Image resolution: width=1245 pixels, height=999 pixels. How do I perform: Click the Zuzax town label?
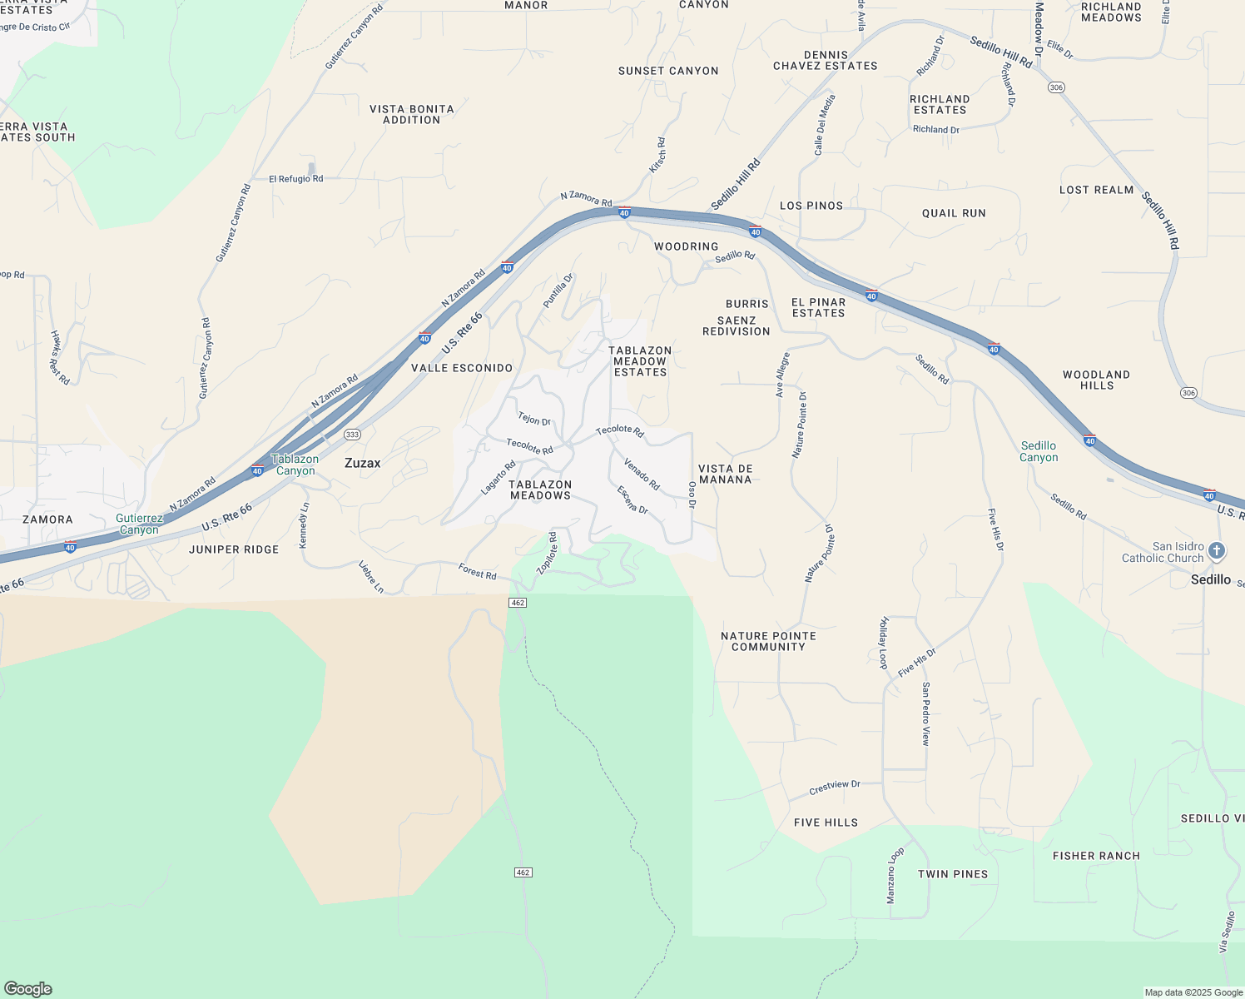[363, 463]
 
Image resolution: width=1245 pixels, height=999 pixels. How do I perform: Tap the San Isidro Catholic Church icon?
[1217, 551]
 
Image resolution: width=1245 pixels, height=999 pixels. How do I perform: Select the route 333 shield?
[352, 435]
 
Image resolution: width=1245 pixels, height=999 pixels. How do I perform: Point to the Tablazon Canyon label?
[295, 465]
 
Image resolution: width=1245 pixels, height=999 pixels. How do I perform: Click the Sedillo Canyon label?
[1039, 451]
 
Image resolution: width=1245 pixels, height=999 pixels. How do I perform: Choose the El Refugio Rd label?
[295, 179]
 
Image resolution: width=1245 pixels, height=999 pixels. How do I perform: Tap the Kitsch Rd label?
[658, 156]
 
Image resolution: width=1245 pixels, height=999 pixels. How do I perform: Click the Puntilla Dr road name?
[558, 291]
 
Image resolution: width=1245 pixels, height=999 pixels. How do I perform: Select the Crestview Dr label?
[835, 786]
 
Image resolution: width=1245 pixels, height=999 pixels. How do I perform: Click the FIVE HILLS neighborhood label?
[826, 823]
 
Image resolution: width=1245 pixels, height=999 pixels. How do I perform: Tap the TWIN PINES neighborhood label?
[953, 874]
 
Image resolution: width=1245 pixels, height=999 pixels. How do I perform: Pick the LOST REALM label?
[1097, 190]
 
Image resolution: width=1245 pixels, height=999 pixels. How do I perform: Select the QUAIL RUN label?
[954, 213]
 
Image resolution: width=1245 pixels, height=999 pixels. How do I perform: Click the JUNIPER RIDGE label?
[234, 549]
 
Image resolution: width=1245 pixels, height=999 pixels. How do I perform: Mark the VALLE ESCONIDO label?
[462, 368]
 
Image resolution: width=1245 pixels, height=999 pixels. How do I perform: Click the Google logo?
[28, 989]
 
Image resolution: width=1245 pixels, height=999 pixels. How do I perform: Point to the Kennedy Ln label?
[305, 524]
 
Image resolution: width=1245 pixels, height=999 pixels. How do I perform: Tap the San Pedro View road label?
[925, 713]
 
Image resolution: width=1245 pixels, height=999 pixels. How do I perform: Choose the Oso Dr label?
[692, 495]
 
